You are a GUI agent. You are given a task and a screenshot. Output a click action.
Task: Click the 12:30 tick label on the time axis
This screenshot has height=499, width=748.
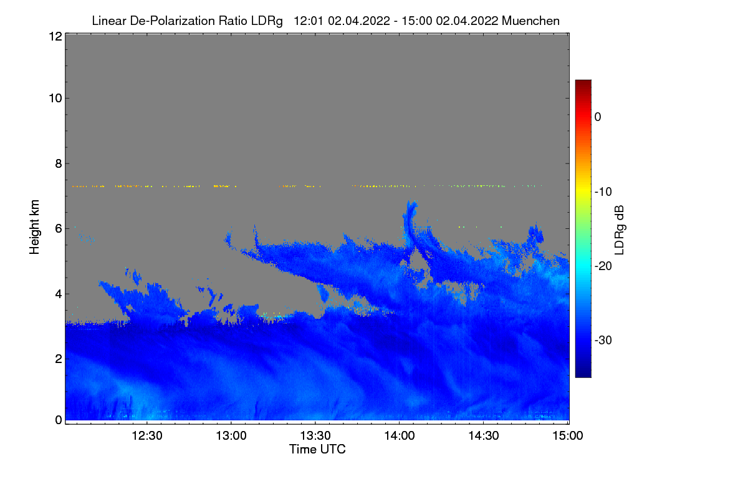click(147, 436)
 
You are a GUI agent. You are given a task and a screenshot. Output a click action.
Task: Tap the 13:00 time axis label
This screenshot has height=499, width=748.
click(231, 436)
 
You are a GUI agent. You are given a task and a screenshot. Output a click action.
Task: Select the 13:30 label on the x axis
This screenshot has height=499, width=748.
click(315, 436)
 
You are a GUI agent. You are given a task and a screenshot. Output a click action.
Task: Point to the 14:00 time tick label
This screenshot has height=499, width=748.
click(400, 436)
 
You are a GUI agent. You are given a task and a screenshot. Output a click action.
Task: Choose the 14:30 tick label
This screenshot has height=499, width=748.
click(484, 436)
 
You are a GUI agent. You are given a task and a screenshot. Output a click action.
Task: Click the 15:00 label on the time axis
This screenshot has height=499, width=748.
click(568, 436)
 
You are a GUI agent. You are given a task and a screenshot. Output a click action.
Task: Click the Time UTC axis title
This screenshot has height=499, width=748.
click(317, 449)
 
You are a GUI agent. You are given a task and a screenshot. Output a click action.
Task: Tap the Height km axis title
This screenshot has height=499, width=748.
click(35, 227)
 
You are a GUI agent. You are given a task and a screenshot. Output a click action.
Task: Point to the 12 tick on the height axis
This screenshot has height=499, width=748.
click(54, 36)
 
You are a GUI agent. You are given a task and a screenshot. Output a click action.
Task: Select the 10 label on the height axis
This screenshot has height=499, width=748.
click(54, 99)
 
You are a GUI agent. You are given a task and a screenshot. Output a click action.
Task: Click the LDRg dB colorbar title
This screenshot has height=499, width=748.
click(620, 230)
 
